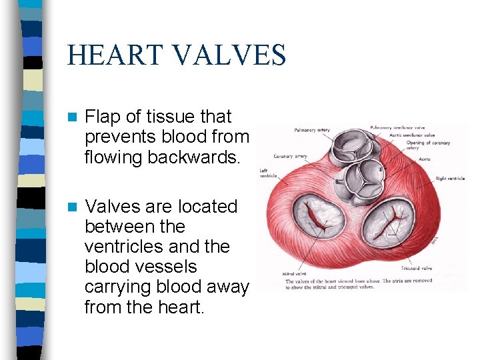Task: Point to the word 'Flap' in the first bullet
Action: pos(103,117)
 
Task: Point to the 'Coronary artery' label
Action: pos(291,157)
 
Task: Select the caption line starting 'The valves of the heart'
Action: pos(359,281)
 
